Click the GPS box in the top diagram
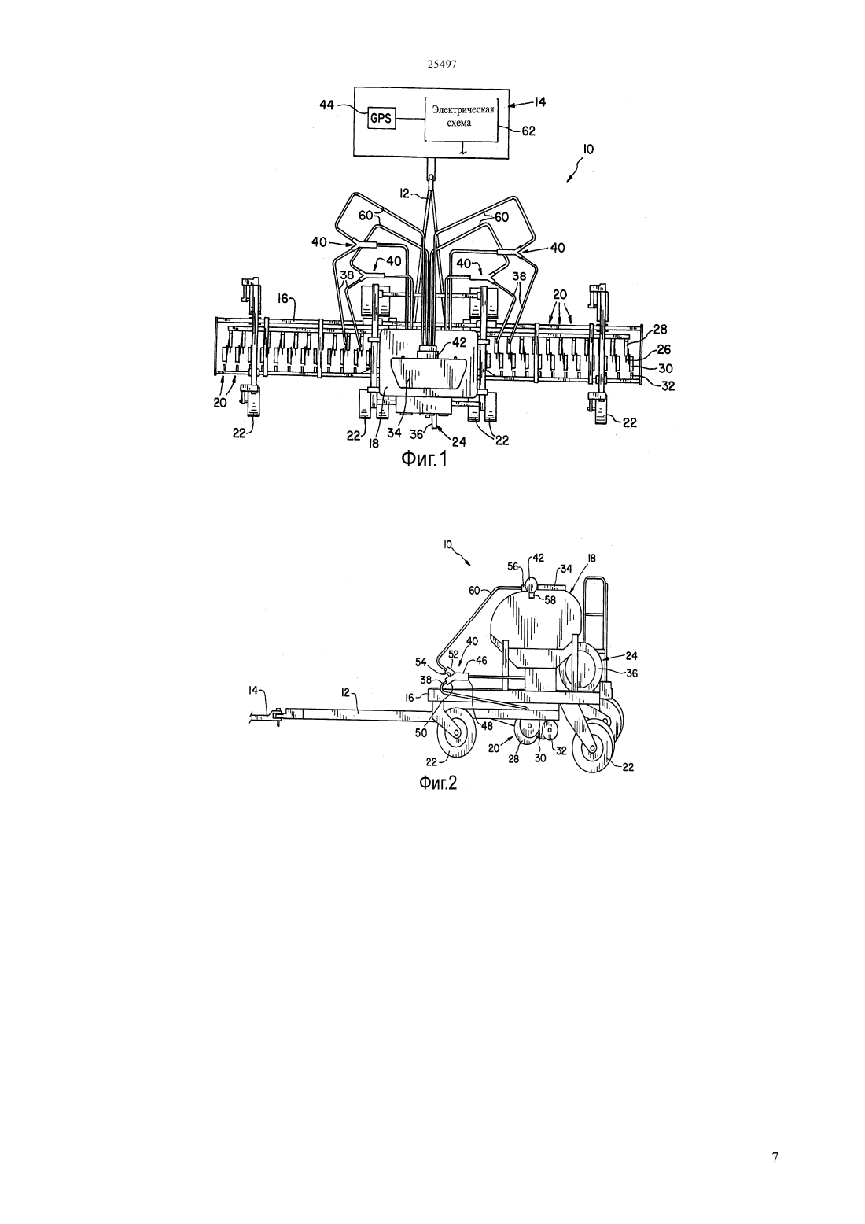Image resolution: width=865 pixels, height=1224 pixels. tap(381, 117)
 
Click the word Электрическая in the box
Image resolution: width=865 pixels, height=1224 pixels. tap(463, 110)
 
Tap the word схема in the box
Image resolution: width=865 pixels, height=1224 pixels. tap(458, 123)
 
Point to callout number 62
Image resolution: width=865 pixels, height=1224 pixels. tap(528, 131)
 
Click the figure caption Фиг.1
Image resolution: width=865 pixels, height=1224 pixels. tap(425, 460)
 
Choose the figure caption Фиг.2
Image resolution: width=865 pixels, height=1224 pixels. tap(437, 783)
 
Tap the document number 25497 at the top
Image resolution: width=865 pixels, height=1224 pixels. tap(442, 64)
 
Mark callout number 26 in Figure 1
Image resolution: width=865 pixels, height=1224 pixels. tap(664, 349)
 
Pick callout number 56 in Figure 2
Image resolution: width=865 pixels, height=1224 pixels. tap(513, 566)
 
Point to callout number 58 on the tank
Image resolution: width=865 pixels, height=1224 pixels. tap(550, 600)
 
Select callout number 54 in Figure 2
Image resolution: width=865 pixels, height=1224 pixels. tap(421, 662)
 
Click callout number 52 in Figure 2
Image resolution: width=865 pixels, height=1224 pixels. tap(453, 654)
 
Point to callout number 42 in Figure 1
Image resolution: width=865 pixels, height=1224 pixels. tap(458, 343)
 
